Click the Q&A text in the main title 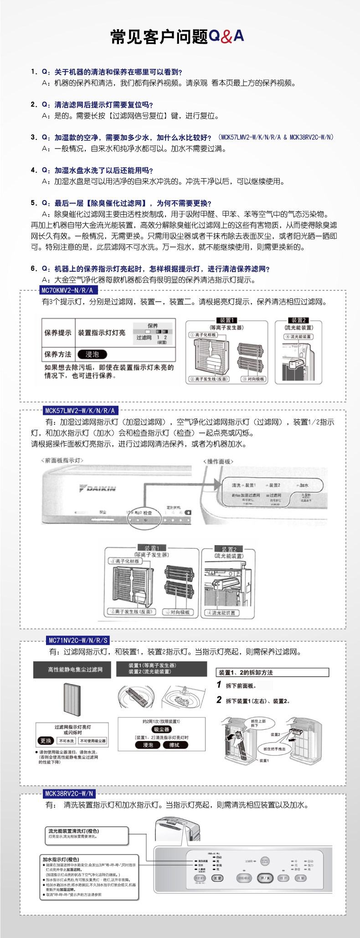(226, 36)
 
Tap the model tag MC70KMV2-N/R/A (67, 290)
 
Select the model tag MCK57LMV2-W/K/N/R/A (80, 411)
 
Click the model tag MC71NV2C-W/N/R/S (78, 640)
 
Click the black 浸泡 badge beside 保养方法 (92, 354)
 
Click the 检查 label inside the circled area (148, 513)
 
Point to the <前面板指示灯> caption (62, 460)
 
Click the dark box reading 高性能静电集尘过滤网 (72, 670)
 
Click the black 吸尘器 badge (161, 729)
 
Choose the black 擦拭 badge (174, 745)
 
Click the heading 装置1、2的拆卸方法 (246, 672)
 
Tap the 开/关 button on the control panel (264, 878)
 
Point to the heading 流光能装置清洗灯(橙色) (73, 831)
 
